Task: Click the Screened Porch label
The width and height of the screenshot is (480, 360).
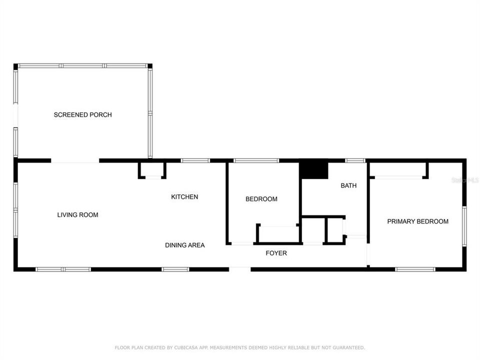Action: (82, 115)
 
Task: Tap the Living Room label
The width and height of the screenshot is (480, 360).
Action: (77, 215)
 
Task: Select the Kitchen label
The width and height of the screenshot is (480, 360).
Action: (184, 197)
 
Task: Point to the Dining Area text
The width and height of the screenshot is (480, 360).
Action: (185, 245)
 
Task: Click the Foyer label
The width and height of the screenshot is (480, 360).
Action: (276, 253)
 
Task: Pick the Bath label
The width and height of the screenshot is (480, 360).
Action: (348, 185)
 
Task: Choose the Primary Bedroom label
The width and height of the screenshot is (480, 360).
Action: (417, 221)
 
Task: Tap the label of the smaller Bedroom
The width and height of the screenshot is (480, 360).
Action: (261, 199)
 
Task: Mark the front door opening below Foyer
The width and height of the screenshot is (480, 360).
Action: (240, 269)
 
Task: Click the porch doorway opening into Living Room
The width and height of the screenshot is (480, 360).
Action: (75, 161)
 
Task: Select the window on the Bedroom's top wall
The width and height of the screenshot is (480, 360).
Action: (256, 160)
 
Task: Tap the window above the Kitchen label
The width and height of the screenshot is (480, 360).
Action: (195, 160)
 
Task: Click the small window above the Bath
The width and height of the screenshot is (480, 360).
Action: (355, 160)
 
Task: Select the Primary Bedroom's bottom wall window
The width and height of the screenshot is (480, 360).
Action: (415, 269)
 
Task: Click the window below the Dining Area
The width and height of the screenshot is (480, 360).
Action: (175, 269)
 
